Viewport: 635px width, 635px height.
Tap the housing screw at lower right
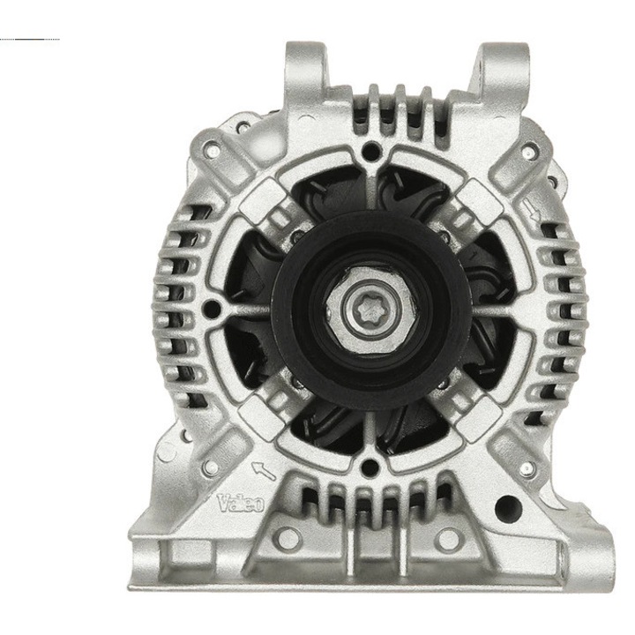point(527,467)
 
